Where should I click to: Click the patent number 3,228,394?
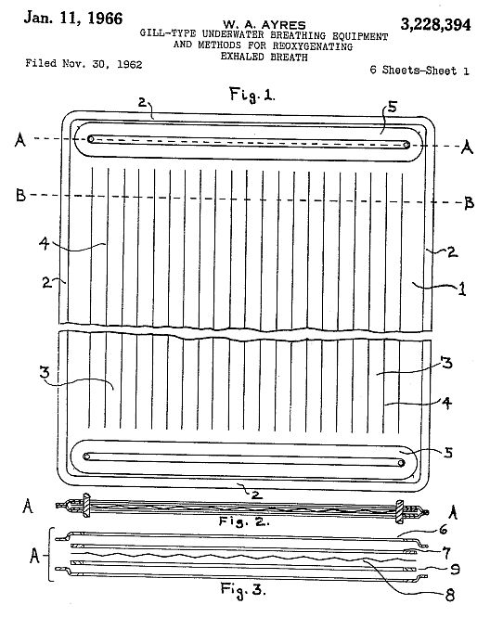pos(435,24)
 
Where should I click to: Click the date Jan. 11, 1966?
pos(73,19)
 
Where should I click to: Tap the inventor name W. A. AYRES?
pos(264,25)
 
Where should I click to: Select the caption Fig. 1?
pos(251,95)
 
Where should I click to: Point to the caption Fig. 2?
pos(244,521)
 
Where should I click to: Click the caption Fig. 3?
pos(243,589)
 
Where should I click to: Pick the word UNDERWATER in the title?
pos(233,34)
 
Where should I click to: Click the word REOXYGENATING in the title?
pos(313,46)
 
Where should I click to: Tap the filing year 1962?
pos(130,64)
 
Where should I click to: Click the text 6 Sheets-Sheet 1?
pos(419,71)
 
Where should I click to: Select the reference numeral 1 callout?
pos(462,289)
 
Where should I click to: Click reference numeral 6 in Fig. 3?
pos(444,530)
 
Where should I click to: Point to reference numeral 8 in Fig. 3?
pos(450,595)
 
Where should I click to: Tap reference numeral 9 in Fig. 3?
pos(455,569)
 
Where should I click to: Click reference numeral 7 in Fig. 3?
pos(446,553)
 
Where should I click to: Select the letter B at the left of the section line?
pos(20,195)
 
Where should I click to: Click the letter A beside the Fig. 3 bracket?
pos(34,556)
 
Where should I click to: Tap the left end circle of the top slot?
pos(91,139)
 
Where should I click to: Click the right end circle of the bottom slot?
pos(401,463)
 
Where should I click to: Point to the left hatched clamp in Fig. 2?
pos(86,506)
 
